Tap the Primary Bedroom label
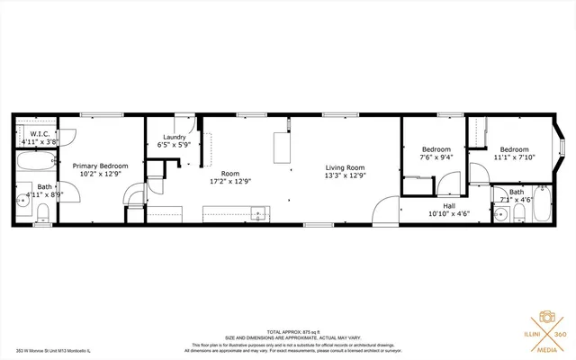pyautogui.click(x=100, y=166)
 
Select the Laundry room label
pyautogui.click(x=173, y=138)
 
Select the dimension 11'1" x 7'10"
pyautogui.click(x=514, y=157)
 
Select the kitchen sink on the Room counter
pyautogui.click(x=260, y=215)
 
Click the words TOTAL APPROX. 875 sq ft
pyautogui.click(x=287, y=332)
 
